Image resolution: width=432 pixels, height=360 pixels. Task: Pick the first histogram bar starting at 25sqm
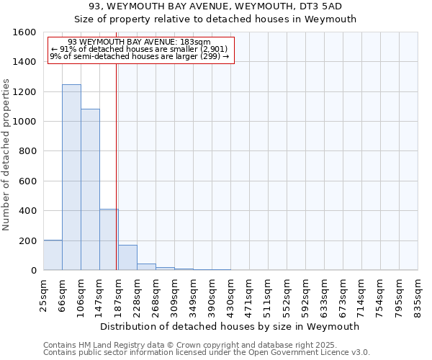point(53,255)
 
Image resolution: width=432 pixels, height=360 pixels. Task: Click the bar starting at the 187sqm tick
point(127,258)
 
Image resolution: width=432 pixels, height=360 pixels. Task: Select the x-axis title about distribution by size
point(230,326)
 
